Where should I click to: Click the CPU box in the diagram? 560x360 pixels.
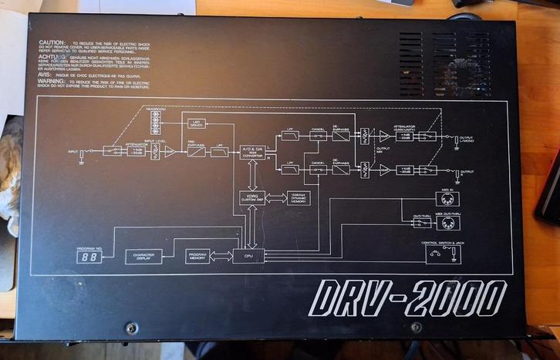[248, 255]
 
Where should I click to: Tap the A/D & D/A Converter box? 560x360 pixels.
[252, 151]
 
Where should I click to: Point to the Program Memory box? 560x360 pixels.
[198, 256]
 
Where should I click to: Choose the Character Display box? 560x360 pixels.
[143, 257]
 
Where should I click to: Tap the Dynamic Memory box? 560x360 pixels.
[298, 197]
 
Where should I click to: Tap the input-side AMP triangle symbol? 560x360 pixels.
[170, 152]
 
